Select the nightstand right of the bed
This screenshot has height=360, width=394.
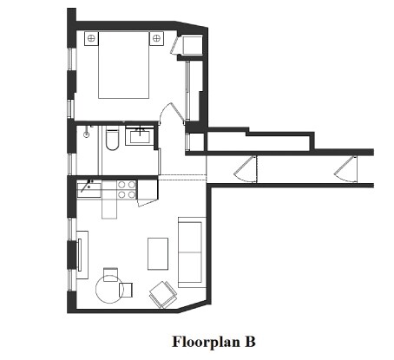(158, 39)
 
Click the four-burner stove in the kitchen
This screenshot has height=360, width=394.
(126, 188)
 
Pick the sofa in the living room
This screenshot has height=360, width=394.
(191, 252)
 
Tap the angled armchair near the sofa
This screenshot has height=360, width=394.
(161, 295)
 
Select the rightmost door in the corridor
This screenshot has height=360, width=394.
(347, 167)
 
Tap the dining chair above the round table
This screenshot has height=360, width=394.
(109, 274)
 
